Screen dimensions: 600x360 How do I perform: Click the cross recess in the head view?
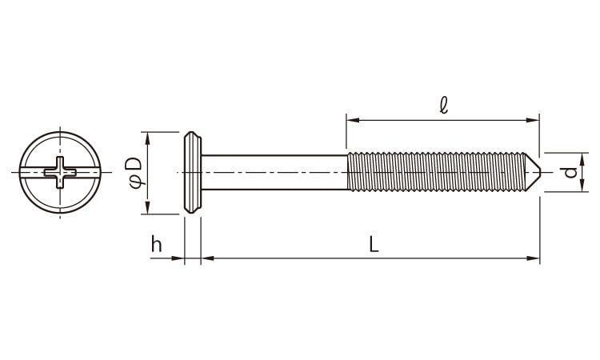click(60, 172)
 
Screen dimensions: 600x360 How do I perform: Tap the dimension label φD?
click(136, 173)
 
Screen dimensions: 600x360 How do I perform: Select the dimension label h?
click(157, 244)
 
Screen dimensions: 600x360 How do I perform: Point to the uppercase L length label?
click(374, 244)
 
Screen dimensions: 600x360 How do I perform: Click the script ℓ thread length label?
click(443, 106)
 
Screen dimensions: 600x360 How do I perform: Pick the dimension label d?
click(570, 172)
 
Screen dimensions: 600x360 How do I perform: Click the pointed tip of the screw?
click(540, 172)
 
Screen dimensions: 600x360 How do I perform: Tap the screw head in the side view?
click(193, 172)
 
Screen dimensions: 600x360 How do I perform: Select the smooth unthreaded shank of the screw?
click(274, 172)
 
